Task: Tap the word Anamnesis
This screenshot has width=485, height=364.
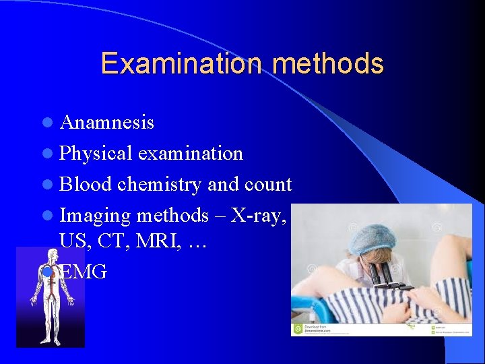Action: pos(106,123)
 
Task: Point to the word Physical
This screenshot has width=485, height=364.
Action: pos(96,154)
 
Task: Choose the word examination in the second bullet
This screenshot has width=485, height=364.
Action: pos(190,154)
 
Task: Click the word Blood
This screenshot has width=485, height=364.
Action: pos(86,185)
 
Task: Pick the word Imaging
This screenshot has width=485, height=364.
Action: pos(95,216)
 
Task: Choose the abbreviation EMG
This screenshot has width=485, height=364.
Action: pos(85,272)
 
